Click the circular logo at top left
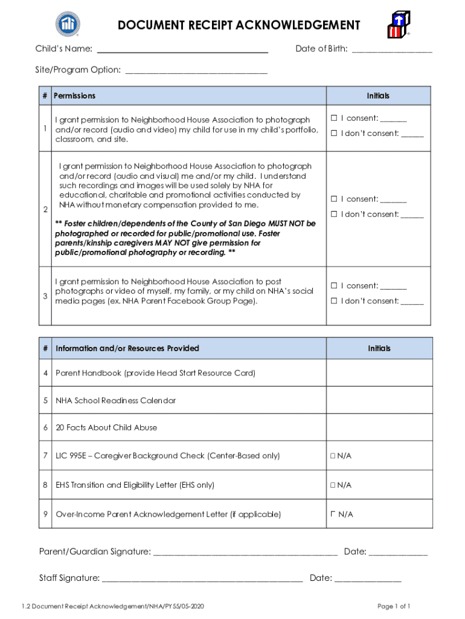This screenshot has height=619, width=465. [x=68, y=24]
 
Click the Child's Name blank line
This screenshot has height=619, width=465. [x=182, y=50]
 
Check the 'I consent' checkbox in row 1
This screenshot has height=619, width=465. [x=333, y=118]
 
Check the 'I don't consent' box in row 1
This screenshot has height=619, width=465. [x=333, y=133]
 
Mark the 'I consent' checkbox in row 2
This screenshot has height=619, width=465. [x=333, y=199]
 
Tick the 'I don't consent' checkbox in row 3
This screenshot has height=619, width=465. [x=333, y=301]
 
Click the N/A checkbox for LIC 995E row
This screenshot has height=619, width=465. [x=333, y=456]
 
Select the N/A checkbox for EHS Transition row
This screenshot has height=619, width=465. [x=333, y=485]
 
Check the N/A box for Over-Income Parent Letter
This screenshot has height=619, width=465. [x=333, y=514]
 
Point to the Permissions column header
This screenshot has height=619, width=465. [x=74, y=96]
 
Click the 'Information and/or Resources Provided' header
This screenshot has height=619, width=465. [x=127, y=348]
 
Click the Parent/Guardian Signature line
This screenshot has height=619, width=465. [x=245, y=552]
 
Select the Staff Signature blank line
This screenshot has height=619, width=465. [x=202, y=578]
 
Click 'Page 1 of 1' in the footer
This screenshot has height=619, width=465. [x=394, y=606]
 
